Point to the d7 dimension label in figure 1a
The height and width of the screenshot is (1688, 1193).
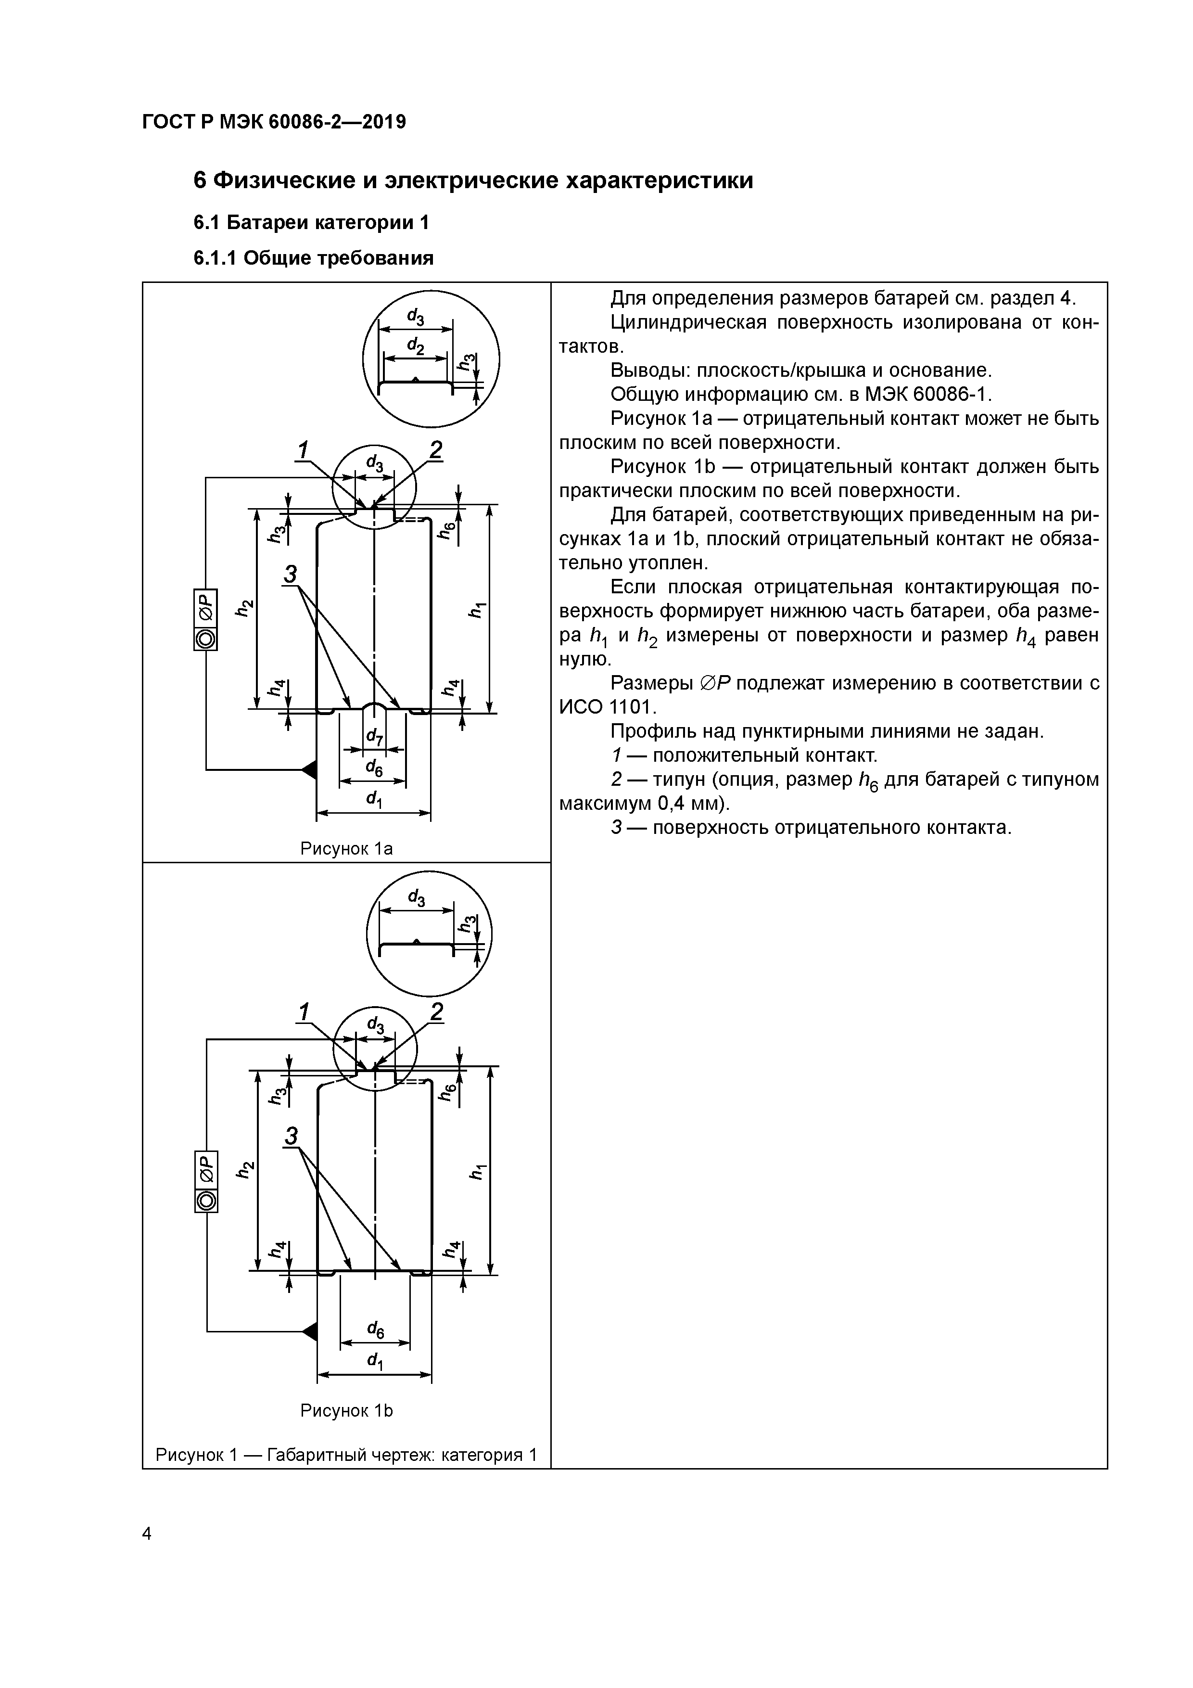(x=374, y=736)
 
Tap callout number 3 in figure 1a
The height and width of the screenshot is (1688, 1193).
(x=291, y=574)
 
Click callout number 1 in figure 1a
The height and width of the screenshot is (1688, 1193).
(x=302, y=449)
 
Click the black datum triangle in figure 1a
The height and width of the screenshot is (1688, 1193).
(x=309, y=769)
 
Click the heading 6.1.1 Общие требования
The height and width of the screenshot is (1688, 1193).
(x=313, y=258)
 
